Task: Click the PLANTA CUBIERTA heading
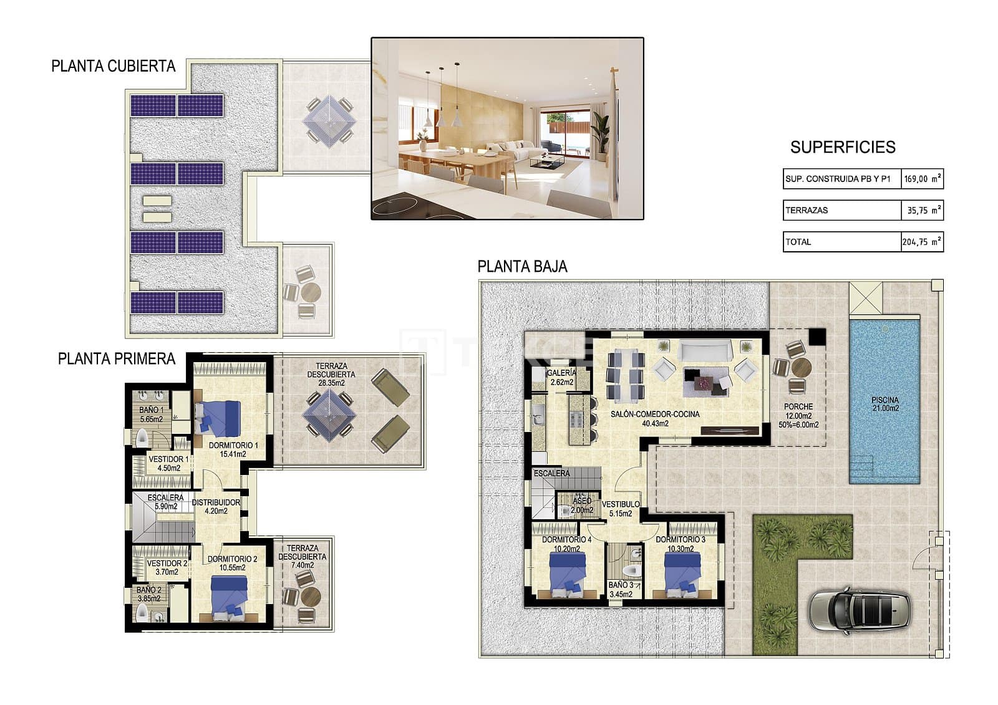click(x=114, y=66)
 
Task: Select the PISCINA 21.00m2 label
click(x=885, y=405)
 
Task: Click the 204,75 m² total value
click(x=922, y=242)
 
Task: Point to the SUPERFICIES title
click(x=842, y=147)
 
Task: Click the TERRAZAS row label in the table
click(x=807, y=211)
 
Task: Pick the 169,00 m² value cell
click(x=922, y=179)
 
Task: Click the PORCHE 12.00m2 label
click(x=798, y=411)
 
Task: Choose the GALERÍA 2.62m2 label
click(x=561, y=377)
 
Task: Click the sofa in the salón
click(x=705, y=351)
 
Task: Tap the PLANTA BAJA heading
click(x=522, y=267)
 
